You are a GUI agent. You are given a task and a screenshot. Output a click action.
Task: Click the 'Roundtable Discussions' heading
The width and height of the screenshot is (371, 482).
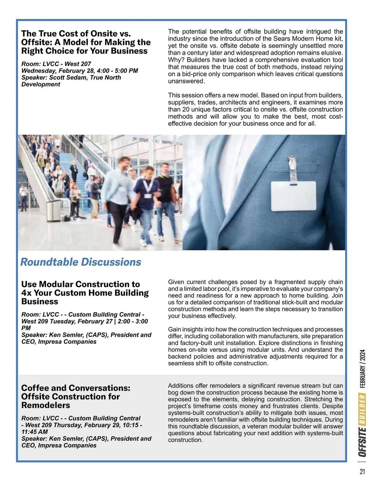tap(81, 262)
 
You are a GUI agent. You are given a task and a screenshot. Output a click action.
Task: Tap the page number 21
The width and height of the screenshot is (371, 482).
tap(362, 471)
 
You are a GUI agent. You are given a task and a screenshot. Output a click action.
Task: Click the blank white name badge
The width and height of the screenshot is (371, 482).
tap(294, 196)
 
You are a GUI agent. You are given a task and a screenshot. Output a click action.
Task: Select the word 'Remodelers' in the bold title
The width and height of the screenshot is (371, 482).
tap(46, 405)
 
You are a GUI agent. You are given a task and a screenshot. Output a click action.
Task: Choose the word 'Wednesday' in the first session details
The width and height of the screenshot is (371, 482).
tap(38, 71)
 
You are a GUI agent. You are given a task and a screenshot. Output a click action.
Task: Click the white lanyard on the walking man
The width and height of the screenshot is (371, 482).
tap(148, 186)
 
